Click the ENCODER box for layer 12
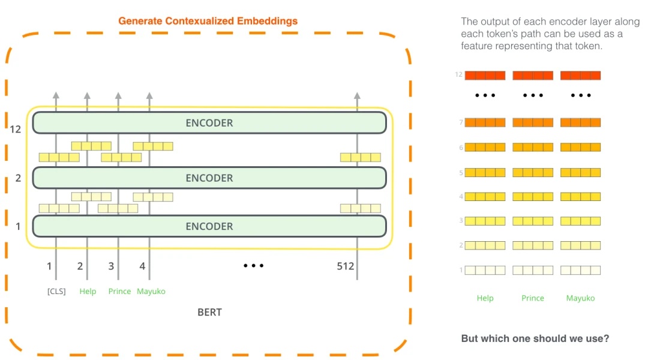[209, 123]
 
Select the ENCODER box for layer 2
[209, 178]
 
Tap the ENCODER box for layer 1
[209, 226]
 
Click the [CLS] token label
[56, 292]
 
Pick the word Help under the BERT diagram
[88, 292]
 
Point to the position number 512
[346, 266]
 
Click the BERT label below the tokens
[209, 312]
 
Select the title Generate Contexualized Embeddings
[208, 21]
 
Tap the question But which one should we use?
[535, 338]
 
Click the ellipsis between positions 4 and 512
[253, 265]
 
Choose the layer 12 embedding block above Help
[485, 76]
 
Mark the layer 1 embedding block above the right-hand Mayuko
[580, 270]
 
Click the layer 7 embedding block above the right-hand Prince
[533, 122]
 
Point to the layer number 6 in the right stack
[461, 148]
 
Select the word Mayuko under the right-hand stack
[580, 298]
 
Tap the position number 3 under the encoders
[111, 266]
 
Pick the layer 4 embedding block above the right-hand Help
[485, 196]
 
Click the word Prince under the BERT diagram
[119, 292]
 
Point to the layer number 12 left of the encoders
[16, 128]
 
